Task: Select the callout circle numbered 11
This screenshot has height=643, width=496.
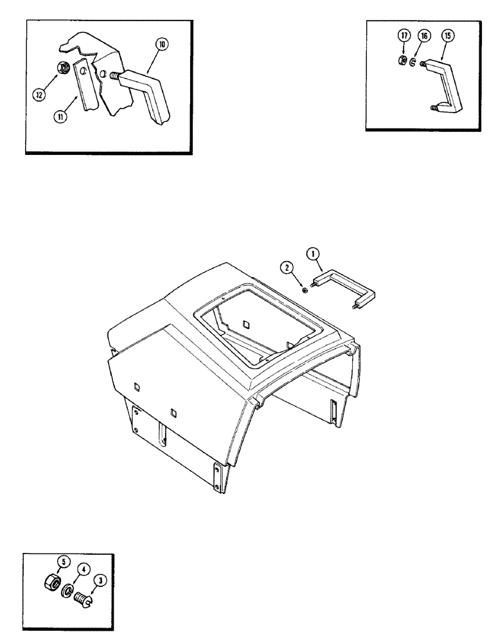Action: (x=58, y=117)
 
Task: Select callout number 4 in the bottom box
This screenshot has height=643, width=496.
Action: (x=84, y=569)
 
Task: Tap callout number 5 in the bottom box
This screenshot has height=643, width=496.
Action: (x=63, y=560)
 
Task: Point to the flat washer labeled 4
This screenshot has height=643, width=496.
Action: (x=67, y=590)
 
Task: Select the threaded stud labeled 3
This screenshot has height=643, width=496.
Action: (x=81, y=599)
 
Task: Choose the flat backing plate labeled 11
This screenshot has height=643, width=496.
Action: (x=81, y=87)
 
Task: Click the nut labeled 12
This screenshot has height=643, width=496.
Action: (x=64, y=66)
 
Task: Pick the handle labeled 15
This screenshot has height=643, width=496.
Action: (x=450, y=84)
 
